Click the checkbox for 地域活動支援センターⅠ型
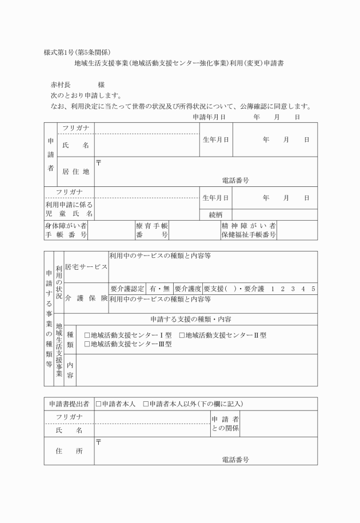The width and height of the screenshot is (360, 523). [87, 336]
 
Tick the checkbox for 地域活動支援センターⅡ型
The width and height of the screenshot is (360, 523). [182, 336]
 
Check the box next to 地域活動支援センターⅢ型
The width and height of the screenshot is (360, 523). [87, 344]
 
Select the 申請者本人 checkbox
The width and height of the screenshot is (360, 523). [99, 404]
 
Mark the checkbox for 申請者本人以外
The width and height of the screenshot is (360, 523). [146, 404]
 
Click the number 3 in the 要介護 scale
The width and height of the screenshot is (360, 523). [293, 289]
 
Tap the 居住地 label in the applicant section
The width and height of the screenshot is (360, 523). [75, 171]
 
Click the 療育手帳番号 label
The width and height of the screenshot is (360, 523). [151, 230]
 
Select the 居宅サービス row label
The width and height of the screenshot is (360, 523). [86, 267]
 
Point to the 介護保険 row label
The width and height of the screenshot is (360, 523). [86, 298]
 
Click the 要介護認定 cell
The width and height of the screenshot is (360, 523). [126, 289]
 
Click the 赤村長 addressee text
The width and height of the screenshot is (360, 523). [61, 84]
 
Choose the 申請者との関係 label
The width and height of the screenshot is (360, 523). [225, 424]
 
